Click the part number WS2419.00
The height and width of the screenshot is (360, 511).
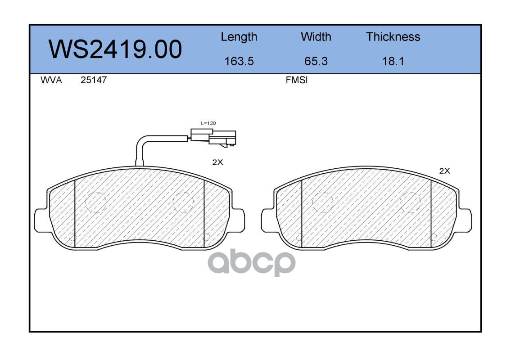(115, 49)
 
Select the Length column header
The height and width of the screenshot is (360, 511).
(239, 37)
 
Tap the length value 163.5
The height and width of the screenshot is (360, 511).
(239, 61)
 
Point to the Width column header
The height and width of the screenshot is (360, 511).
(316, 36)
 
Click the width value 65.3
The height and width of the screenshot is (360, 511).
(316, 61)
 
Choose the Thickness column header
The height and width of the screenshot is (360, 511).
(393, 36)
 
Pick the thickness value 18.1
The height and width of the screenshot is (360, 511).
(393, 61)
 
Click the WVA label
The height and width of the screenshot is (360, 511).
(51, 80)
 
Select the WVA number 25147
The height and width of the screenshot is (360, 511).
(94, 80)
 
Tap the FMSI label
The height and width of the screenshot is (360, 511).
(297, 80)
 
